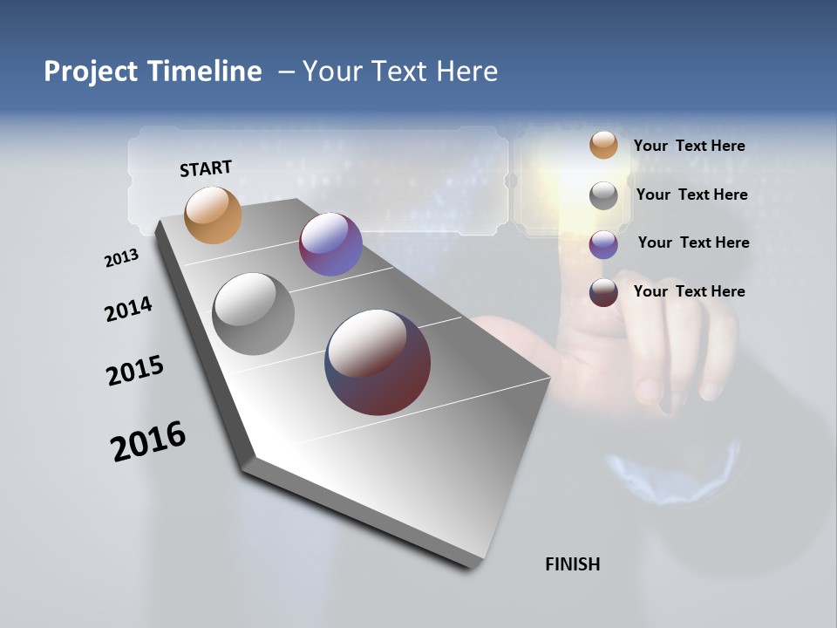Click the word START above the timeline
tap(206, 168)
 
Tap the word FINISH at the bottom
tap(572, 564)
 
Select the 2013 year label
tap(121, 258)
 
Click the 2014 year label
tap(128, 310)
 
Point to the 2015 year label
tap(135, 371)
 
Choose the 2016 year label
tap(148, 440)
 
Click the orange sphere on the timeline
tap(213, 215)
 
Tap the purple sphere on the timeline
tap(330, 244)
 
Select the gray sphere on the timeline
tap(253, 314)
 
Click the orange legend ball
tap(603, 145)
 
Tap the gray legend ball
tap(603, 195)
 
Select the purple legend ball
tap(603, 244)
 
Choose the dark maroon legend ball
tap(603, 292)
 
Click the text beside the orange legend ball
tap(689, 146)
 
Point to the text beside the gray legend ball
tap(691, 195)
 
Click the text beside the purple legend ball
tap(693, 242)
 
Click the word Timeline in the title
tap(205, 72)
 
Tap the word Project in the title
tap(90, 72)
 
